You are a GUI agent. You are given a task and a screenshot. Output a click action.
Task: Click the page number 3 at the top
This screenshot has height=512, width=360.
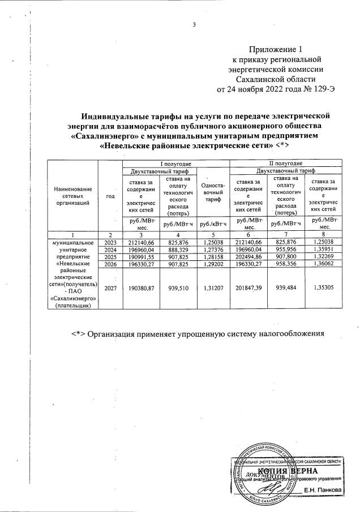(194, 24)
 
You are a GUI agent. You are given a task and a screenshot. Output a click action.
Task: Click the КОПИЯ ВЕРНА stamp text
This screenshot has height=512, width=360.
(287, 471)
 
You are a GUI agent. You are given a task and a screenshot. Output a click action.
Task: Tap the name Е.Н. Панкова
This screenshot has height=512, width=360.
(323, 489)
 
